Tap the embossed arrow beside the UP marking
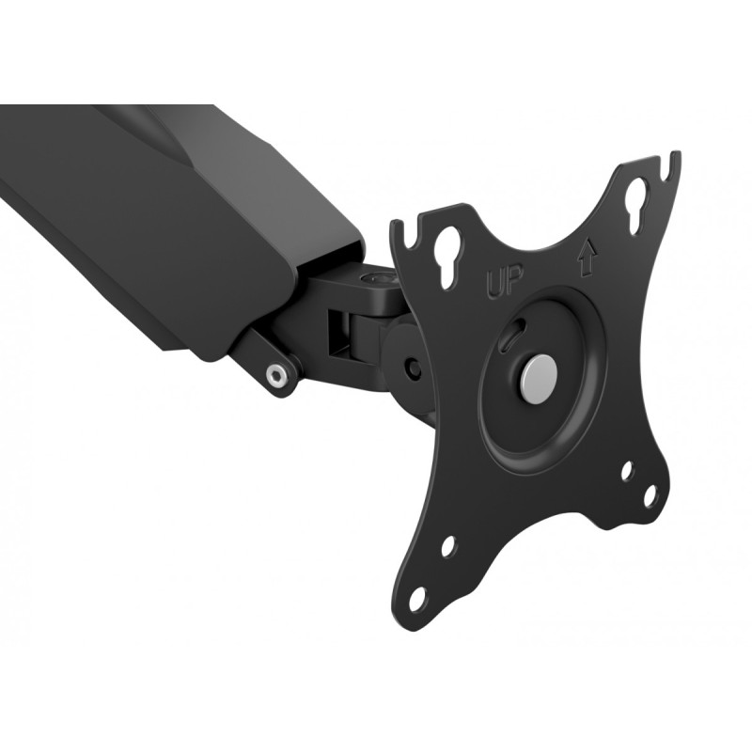pyautogui.click(x=587, y=257)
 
